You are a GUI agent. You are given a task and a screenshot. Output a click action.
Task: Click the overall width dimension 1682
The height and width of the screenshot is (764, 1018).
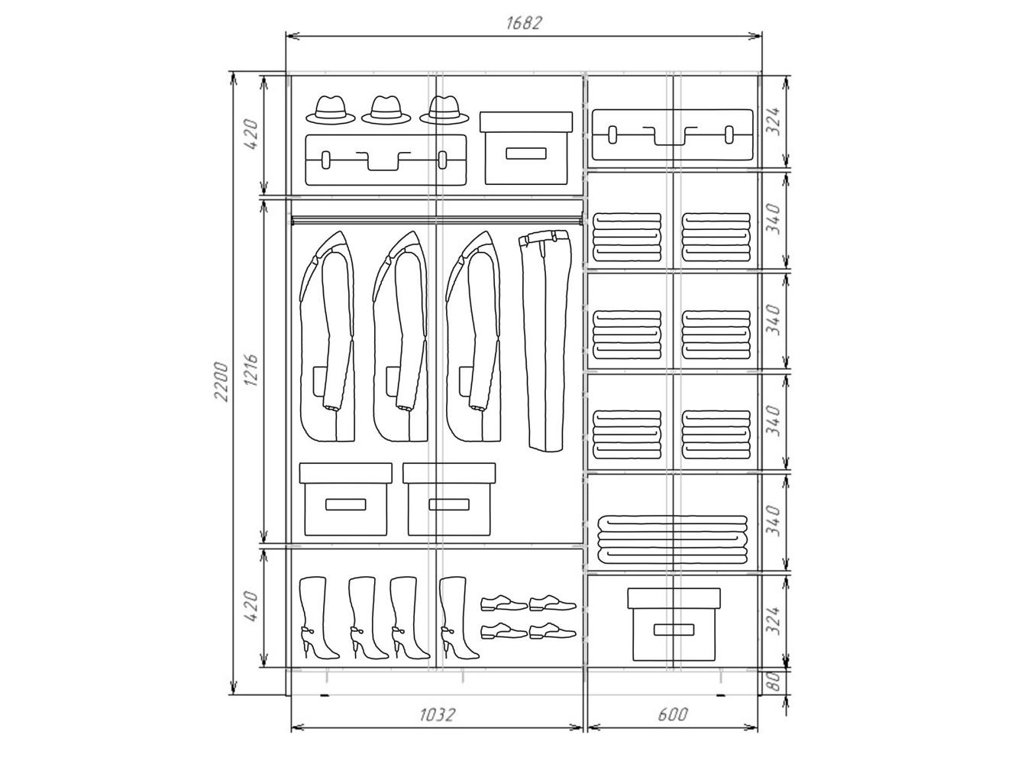pyautogui.click(x=523, y=23)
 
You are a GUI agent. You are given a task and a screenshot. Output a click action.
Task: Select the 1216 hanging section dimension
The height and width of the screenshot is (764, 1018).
pyautogui.click(x=250, y=371)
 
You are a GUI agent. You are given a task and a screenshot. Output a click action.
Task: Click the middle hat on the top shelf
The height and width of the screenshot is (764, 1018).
pyautogui.click(x=386, y=110)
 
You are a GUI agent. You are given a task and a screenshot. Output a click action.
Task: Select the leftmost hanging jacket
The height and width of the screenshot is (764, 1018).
pyautogui.click(x=328, y=336)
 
